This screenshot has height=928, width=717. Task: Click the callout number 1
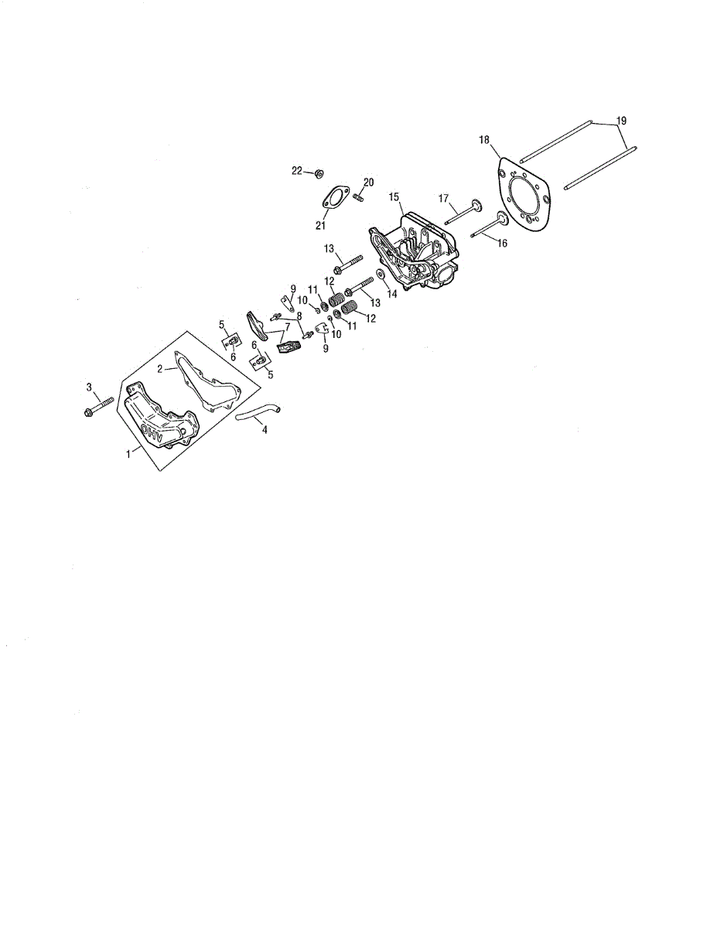[128, 455]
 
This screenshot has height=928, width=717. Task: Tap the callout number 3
[89, 386]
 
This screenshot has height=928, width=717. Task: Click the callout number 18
[484, 140]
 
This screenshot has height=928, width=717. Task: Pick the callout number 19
[621, 121]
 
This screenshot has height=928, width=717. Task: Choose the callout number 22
[296, 170]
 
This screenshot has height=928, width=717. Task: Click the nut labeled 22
[319, 173]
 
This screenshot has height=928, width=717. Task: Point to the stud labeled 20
[359, 198]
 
